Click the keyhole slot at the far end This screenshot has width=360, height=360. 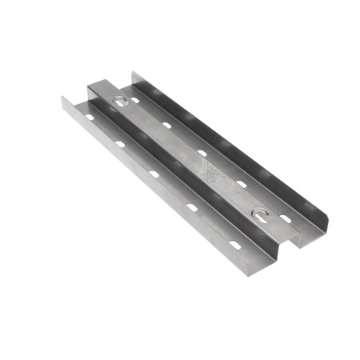tap(121, 102)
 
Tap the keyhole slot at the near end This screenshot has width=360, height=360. tap(261, 214)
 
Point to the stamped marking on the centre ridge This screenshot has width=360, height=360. tap(209, 169)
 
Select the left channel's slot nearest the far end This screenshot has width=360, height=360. tap(89, 118)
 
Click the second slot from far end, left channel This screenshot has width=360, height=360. tap(120, 144)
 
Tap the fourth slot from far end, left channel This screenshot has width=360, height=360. tap(192, 206)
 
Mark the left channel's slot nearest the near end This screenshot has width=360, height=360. tap(234, 243)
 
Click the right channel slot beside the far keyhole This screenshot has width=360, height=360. tap(134, 100)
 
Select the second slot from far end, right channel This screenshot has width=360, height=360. tap(167, 125)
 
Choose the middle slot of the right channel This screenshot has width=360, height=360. tap(202, 152)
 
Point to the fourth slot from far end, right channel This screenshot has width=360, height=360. tap(241, 183)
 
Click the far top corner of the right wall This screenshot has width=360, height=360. tap(134, 72)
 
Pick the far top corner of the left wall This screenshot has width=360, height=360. tap(62, 97)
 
